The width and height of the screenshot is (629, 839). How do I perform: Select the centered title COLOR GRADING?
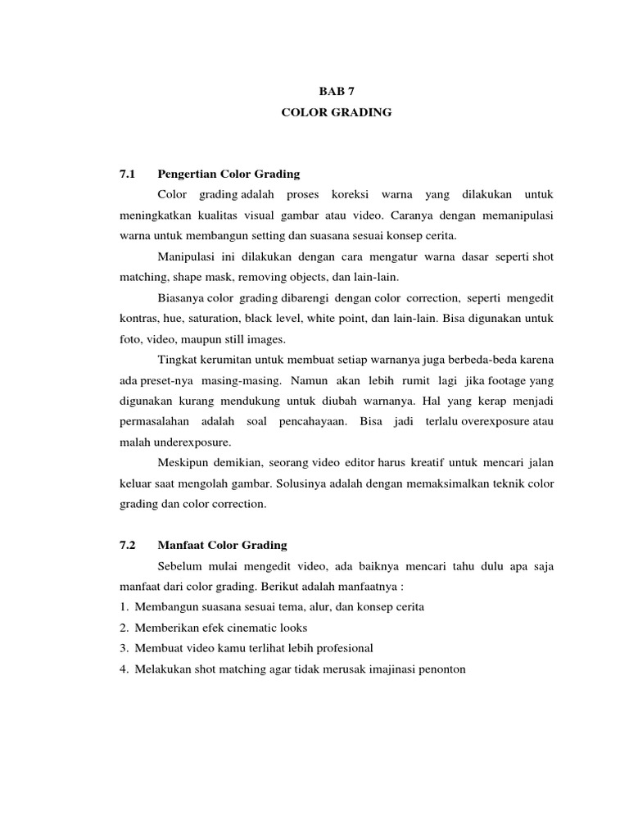337,113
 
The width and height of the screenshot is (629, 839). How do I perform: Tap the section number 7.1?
126,174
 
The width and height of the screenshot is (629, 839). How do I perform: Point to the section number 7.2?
126,545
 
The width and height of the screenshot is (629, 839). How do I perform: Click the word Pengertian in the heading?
186,174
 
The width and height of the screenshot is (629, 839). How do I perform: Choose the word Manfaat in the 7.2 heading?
181,545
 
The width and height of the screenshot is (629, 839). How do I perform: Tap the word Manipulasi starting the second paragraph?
183,256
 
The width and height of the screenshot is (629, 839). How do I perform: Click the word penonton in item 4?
440,669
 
